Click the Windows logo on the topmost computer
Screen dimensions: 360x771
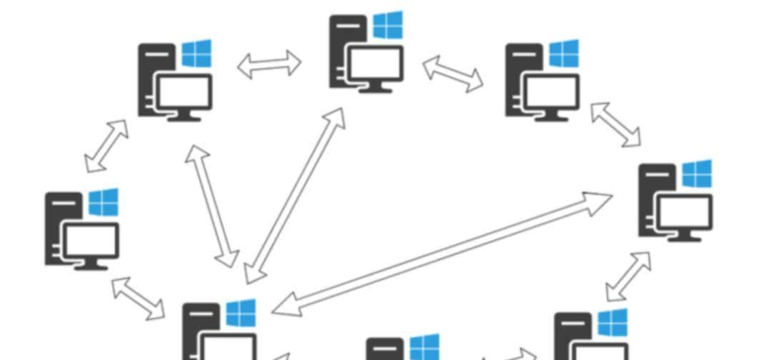click(x=388, y=25)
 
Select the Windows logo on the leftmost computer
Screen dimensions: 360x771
click(x=104, y=203)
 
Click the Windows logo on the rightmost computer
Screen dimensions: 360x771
click(x=696, y=174)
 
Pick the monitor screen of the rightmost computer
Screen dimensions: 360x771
click(x=684, y=212)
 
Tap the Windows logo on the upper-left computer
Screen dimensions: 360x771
click(x=196, y=54)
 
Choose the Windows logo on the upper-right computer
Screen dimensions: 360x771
click(x=564, y=54)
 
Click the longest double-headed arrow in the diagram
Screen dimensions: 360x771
click(x=442, y=254)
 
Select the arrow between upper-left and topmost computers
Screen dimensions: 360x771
click(x=269, y=64)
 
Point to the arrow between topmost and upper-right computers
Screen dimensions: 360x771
click(x=453, y=74)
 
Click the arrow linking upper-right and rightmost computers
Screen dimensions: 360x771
click(x=615, y=124)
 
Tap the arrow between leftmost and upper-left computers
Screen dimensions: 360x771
click(x=106, y=146)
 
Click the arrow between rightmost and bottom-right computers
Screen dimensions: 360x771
click(x=628, y=276)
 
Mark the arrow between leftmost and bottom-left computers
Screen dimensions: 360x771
click(x=138, y=298)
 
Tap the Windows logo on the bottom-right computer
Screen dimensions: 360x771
click(x=613, y=323)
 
